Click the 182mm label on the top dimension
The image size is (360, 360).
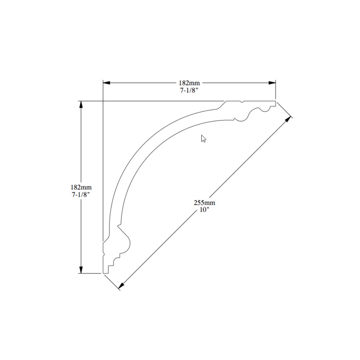pyautogui.click(x=189, y=83)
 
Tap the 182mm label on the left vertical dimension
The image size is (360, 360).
pyautogui.click(x=81, y=187)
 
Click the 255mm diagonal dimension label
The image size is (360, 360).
pyautogui.click(x=204, y=203)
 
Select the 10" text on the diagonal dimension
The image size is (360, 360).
pyautogui.click(x=204, y=210)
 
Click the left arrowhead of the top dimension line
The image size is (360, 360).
pyautogui.click(x=107, y=83)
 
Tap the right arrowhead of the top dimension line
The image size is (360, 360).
pyautogui.click(x=272, y=83)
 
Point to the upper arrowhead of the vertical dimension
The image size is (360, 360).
pyautogui.click(x=81, y=105)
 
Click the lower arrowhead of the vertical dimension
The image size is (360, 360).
pyautogui.click(x=81, y=270)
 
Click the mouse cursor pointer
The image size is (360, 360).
pyautogui.click(x=203, y=139)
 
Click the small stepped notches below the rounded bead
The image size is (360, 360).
pyautogui.click(x=114, y=261)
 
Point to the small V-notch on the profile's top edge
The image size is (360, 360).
pyautogui.click(x=242, y=102)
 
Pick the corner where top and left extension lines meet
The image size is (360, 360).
pyautogui.click(x=103, y=101)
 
